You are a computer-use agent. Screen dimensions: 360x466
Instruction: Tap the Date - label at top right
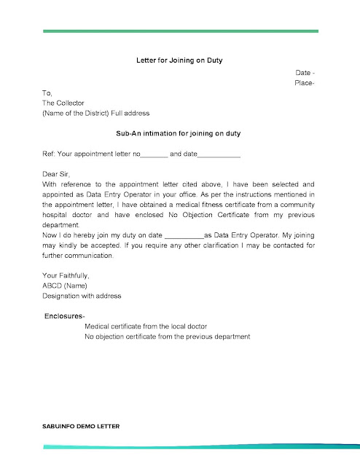tap(305, 74)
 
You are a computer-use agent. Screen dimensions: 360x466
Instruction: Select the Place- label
tap(305, 84)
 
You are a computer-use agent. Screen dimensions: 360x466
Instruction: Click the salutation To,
tap(47, 93)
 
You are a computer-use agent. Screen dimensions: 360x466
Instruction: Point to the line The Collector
tap(64, 103)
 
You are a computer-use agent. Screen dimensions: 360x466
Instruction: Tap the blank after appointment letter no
tap(153, 156)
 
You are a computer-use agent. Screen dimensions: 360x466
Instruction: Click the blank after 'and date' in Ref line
tap(219, 156)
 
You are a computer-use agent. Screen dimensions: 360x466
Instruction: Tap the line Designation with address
tap(82, 296)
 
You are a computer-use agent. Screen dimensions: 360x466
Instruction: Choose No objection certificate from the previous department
tap(168, 337)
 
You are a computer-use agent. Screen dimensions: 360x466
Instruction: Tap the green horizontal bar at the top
tap(180, 31)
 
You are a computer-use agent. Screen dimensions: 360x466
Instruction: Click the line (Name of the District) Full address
tap(95, 114)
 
